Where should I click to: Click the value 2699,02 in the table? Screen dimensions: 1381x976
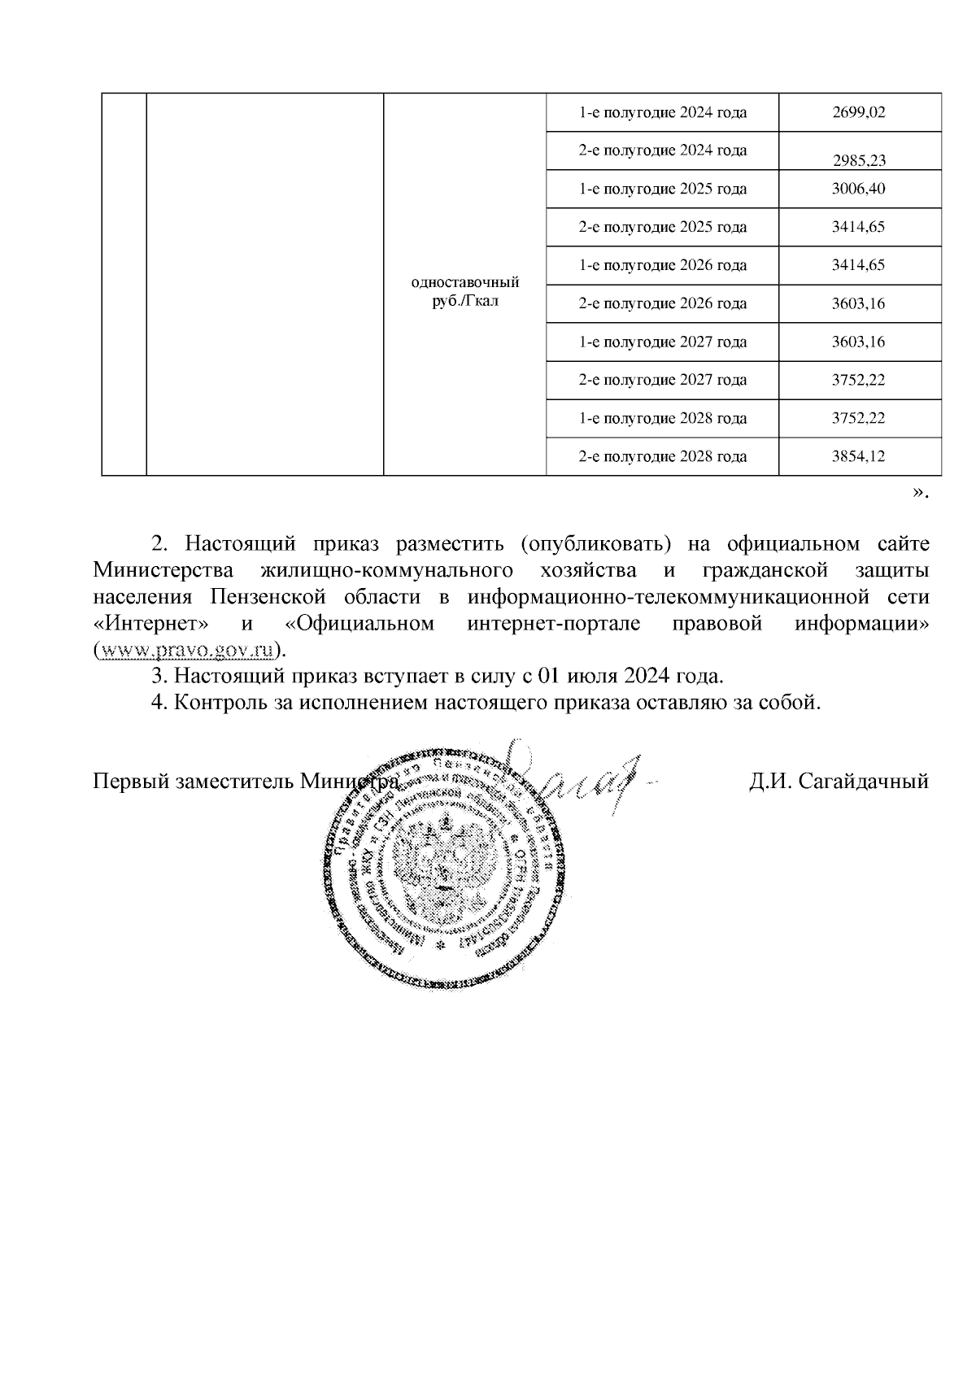[x=858, y=113]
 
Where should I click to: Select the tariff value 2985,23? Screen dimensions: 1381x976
[x=858, y=160]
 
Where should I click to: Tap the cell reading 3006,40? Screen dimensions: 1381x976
[x=858, y=189]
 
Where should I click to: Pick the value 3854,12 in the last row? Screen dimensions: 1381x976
[x=858, y=456]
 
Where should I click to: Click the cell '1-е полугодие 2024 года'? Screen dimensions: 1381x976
[x=662, y=113]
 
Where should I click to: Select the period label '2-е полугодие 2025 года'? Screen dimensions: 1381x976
[x=662, y=227]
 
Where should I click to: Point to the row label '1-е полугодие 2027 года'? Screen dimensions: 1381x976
[x=662, y=342]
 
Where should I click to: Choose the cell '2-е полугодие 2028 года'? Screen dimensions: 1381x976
[x=662, y=456]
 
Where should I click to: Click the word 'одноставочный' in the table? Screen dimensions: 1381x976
[x=465, y=282]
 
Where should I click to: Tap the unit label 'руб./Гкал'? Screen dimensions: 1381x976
[x=465, y=302]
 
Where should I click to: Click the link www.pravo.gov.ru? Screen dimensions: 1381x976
[x=185, y=651]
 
